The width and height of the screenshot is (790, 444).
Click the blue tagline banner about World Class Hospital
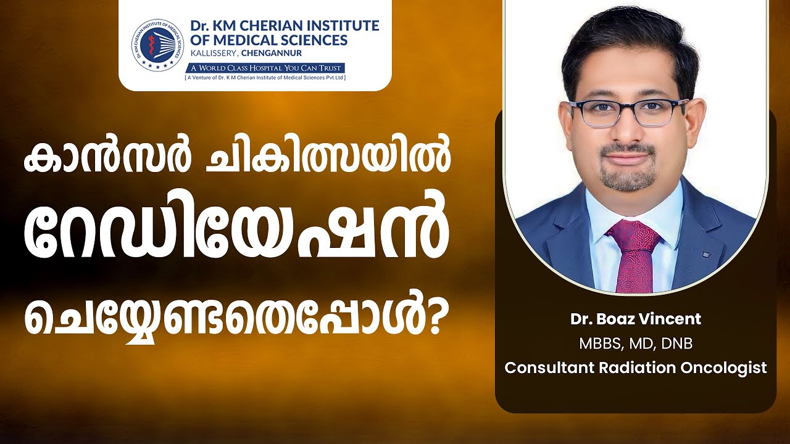point(265,68)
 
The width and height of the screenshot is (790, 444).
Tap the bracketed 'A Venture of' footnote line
point(265,77)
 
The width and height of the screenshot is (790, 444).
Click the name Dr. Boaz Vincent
point(636,319)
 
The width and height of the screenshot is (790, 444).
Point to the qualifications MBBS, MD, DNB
point(636,344)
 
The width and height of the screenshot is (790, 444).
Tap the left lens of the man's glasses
point(599,112)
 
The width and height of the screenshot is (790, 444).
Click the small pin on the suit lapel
point(705,253)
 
